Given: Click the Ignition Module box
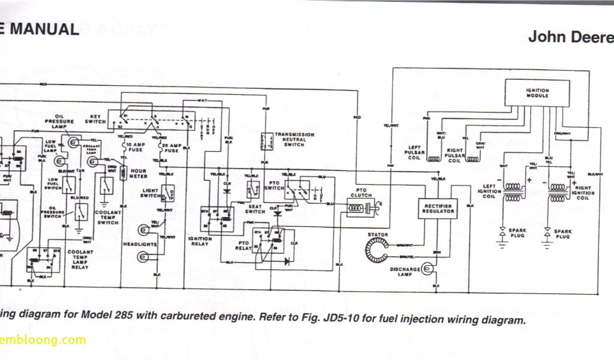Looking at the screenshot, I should pos(537,93).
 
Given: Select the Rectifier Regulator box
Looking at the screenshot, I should pos(437,208).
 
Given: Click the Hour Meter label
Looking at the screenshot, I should pos(139,173).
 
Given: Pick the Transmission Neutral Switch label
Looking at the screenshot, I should pos(294,140).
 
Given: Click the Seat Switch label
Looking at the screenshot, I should pos(255,208).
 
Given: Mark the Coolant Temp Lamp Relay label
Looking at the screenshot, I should pos(80,260).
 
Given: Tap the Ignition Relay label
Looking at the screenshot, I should pos(200,241).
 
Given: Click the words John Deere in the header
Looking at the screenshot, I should pos(570,37).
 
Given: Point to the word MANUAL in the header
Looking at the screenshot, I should pos(44,29).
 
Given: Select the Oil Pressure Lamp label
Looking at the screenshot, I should pos(64,122).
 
